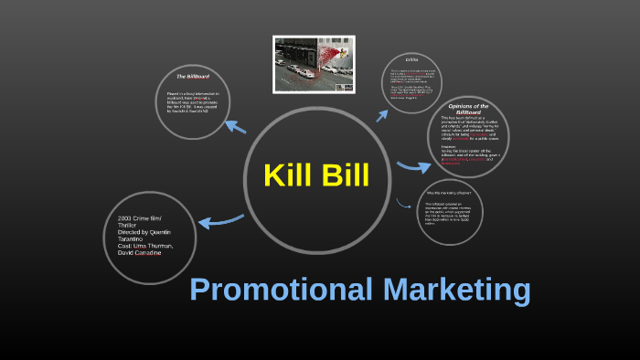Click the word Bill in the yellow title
pos(343,175)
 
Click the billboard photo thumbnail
pos(315,64)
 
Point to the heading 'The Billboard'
pos(193,76)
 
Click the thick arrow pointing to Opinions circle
pos(413,167)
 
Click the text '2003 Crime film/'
pos(144,219)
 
